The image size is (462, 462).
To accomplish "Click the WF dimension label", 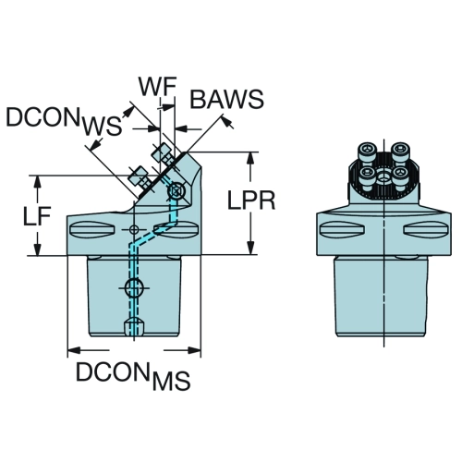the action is point(157,86).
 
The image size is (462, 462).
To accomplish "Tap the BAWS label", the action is point(227,99).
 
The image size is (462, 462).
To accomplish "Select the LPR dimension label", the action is point(251,201).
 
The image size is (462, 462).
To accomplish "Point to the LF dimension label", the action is point(37,215).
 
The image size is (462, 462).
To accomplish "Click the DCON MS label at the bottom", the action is point(133,375).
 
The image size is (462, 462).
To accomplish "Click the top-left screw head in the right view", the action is point(368,150).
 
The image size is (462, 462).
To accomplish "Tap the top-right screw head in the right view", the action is point(400,150).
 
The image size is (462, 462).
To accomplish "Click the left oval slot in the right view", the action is point(343,229).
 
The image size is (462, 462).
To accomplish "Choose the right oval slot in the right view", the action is point(425,229).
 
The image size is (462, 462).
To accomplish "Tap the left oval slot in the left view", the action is point(92,229).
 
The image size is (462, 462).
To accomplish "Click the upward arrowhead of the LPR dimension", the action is point(251,158).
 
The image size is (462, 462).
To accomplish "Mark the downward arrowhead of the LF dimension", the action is point(37,249).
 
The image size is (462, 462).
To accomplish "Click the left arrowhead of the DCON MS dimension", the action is point(73,350).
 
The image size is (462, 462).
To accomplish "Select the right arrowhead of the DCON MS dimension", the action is point(195,350).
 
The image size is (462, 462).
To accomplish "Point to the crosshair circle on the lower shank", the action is point(133,288).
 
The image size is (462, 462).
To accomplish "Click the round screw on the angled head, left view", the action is point(176,191).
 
